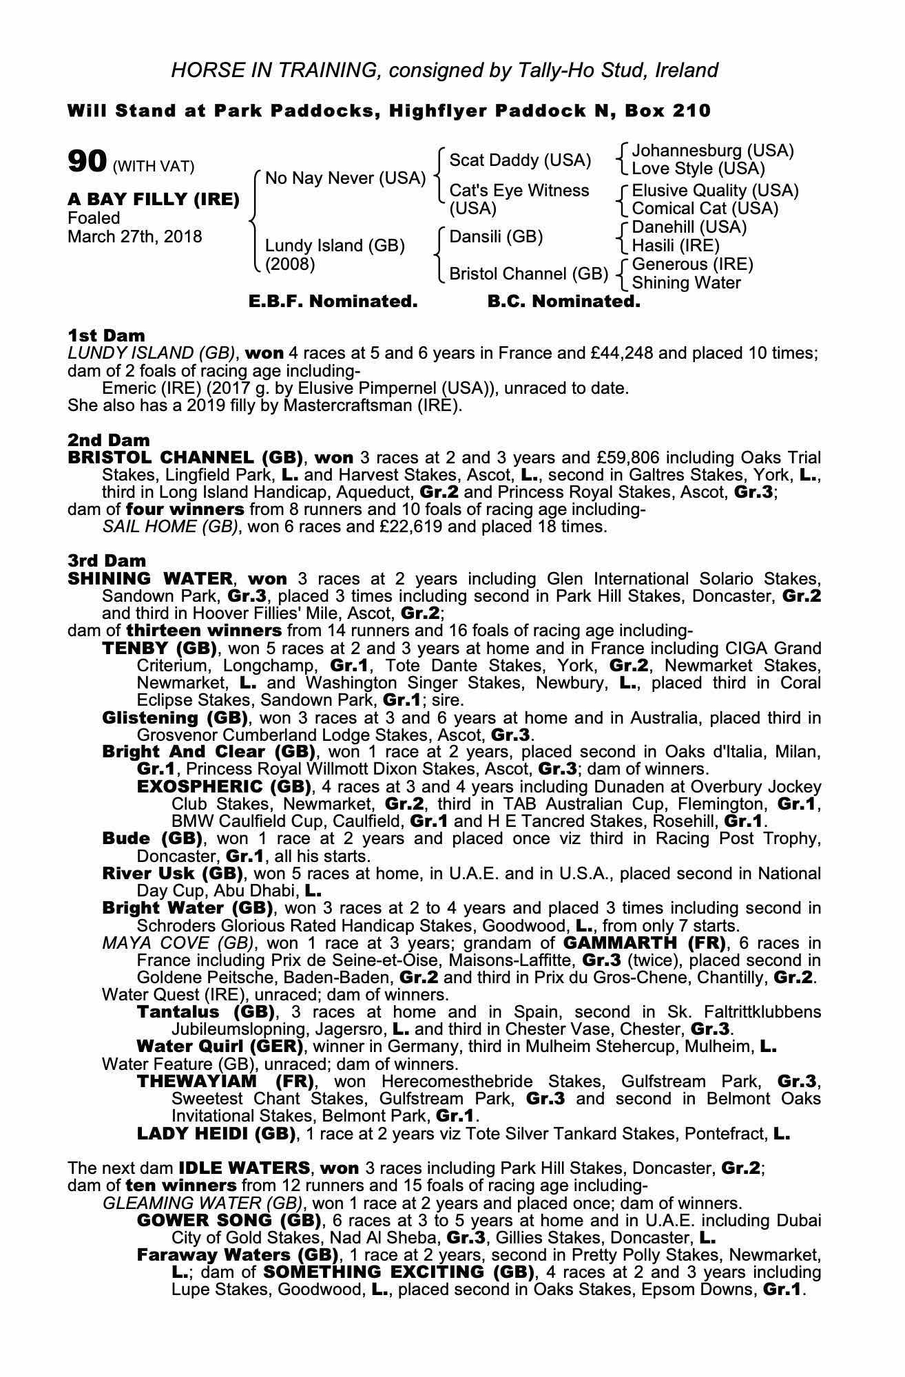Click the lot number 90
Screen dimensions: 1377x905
point(87,162)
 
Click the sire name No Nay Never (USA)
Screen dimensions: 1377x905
point(345,178)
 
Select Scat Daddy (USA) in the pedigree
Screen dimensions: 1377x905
point(520,160)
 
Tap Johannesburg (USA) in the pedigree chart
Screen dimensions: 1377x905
point(712,151)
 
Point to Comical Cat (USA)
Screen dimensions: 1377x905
point(705,209)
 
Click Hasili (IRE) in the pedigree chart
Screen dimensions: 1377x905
point(675,246)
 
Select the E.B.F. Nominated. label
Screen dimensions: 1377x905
point(333,302)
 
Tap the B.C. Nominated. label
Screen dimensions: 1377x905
point(563,302)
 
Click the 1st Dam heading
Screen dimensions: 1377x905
point(106,335)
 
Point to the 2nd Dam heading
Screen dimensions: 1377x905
point(108,440)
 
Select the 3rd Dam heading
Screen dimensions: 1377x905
point(107,560)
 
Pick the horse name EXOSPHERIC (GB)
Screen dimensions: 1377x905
point(224,786)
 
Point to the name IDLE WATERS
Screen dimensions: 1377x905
point(243,1168)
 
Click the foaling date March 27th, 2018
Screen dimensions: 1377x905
point(135,237)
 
